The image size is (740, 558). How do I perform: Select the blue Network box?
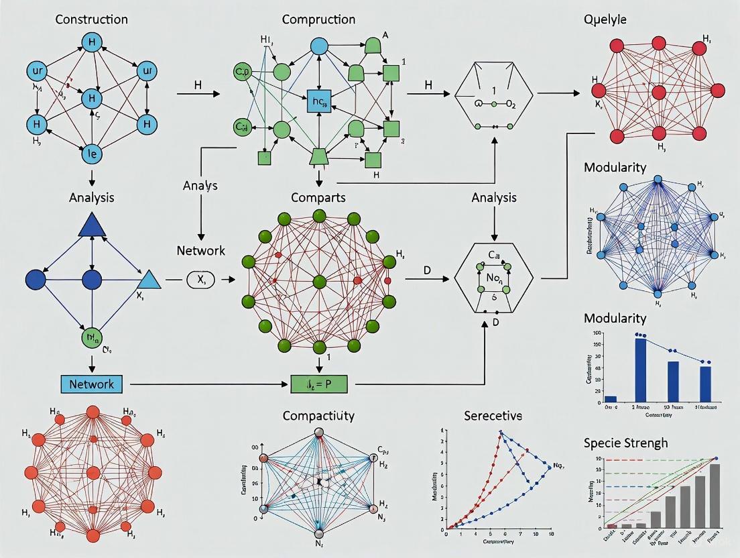[91, 384]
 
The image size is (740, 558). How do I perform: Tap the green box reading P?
[322, 384]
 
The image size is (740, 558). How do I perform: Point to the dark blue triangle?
[91, 224]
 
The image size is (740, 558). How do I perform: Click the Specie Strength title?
[626, 443]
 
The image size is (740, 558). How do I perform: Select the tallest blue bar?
[640, 370]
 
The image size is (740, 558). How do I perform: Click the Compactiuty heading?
[318, 416]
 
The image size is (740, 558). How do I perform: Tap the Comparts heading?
[318, 197]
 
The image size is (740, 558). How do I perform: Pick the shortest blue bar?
[611, 398]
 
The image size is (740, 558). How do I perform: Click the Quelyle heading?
[605, 19]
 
